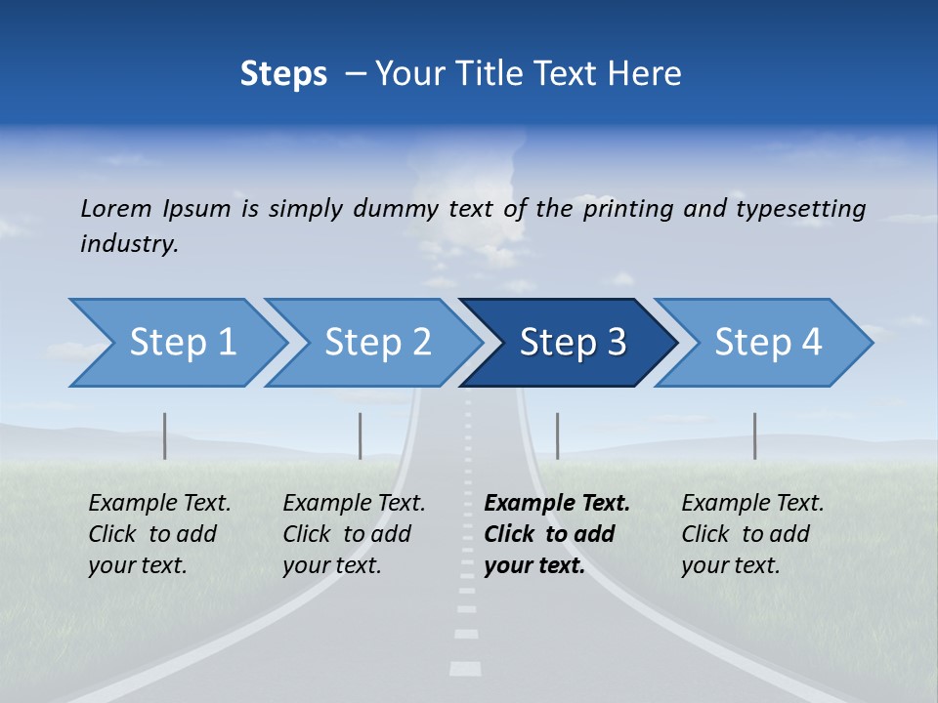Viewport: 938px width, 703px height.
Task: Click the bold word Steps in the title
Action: (x=283, y=74)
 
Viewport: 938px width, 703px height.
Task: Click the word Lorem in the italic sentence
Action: (x=115, y=209)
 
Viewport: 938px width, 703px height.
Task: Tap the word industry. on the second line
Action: (x=130, y=244)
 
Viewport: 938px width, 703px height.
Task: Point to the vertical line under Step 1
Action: (x=164, y=435)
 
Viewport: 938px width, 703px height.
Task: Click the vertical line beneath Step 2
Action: (x=360, y=435)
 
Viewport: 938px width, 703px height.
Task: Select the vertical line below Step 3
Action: (x=557, y=435)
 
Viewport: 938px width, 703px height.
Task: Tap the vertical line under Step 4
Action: (x=754, y=435)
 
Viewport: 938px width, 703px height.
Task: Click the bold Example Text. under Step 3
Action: (x=557, y=504)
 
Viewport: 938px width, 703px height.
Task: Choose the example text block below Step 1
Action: (x=159, y=534)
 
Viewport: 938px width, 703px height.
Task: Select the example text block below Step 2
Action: (x=354, y=534)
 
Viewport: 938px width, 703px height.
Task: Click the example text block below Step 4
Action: (x=752, y=534)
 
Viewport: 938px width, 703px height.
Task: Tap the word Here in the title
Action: (x=650, y=74)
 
